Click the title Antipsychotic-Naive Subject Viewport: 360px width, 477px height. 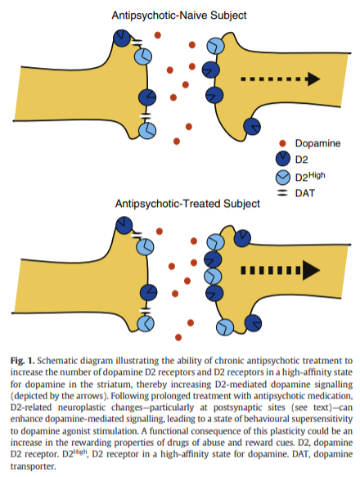(x=179, y=16)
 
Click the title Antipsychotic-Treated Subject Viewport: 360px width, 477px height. (x=187, y=204)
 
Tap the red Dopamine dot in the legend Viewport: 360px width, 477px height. (x=282, y=143)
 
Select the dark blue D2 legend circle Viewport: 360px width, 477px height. (x=283, y=159)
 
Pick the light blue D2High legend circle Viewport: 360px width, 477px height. (x=283, y=178)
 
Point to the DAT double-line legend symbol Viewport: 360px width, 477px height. (x=283, y=193)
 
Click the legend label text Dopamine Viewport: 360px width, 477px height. (x=317, y=143)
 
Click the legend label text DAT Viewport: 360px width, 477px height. (x=305, y=193)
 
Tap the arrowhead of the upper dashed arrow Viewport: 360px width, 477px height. (x=313, y=79)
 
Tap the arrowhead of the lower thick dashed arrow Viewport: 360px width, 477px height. (x=311, y=270)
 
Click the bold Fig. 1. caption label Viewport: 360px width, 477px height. (x=23, y=361)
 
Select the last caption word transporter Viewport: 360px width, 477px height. (x=34, y=466)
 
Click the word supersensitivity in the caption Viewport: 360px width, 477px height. (x=322, y=420)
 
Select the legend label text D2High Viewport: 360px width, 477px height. (x=310, y=177)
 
